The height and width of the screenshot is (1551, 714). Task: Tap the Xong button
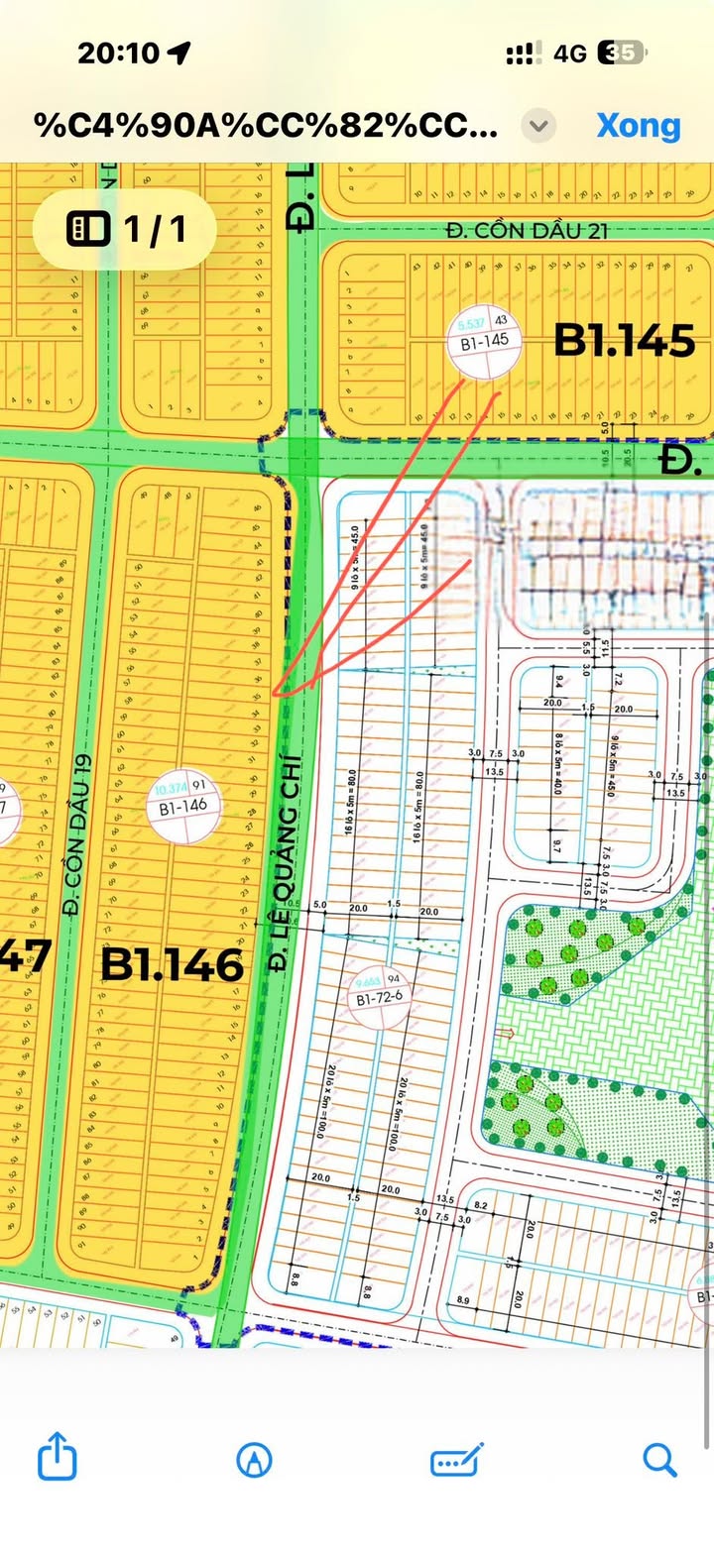click(638, 126)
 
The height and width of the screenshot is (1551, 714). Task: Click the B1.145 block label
click(624, 341)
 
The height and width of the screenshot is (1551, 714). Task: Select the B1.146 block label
click(173, 963)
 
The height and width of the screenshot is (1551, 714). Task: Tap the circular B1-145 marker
click(485, 342)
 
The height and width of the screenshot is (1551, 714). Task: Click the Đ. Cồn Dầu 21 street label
click(527, 231)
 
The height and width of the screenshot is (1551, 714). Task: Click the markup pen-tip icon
click(255, 1459)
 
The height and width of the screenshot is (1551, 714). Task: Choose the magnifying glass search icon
click(658, 1459)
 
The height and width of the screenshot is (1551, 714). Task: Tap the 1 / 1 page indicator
click(125, 230)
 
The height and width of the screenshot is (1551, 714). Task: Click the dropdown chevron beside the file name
click(538, 126)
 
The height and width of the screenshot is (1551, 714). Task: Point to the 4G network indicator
click(570, 54)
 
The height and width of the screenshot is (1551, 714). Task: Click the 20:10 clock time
click(120, 54)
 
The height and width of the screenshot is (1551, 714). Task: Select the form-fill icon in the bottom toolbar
click(456, 1459)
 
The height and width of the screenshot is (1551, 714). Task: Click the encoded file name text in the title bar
click(266, 126)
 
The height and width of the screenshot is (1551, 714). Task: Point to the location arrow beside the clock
click(179, 54)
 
